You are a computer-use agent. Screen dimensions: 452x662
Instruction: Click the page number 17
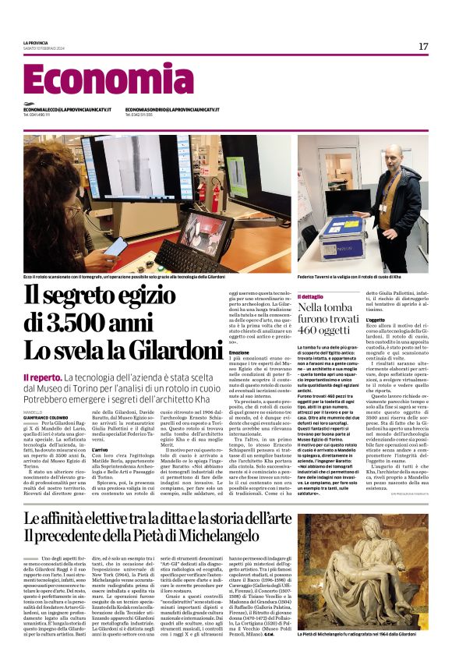tap(423, 47)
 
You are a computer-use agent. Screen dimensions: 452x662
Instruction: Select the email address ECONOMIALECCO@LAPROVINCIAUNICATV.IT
tap(67, 109)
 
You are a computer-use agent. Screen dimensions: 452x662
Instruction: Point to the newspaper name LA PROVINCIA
tap(36, 42)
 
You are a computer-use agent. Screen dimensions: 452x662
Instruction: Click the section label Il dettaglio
tap(311, 296)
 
